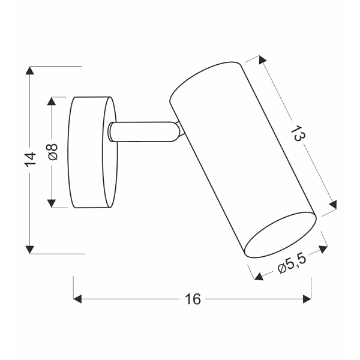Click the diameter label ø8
[x=52, y=152]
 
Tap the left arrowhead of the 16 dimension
[x=77, y=298]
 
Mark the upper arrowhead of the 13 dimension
[x=262, y=60]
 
